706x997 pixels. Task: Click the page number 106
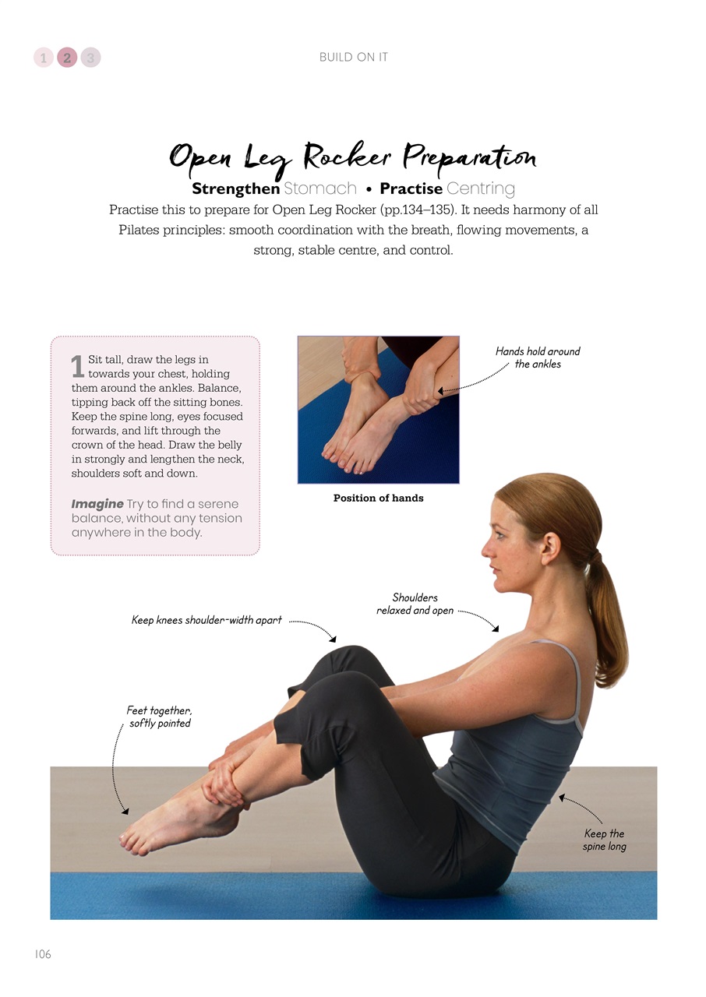coord(43,954)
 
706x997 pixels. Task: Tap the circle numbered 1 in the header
coord(44,58)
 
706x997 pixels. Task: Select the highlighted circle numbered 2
coord(67,58)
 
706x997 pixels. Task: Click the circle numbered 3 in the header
coord(90,58)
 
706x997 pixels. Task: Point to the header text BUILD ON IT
coord(353,58)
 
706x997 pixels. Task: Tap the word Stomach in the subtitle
coord(320,188)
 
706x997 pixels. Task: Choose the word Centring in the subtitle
coord(481,188)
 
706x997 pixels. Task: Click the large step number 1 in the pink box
coord(77,367)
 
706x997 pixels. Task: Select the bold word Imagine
coord(97,504)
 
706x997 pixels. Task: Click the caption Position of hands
coord(378,498)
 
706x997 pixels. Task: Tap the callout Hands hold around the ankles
coord(538,358)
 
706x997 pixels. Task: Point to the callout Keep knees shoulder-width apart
coord(207,621)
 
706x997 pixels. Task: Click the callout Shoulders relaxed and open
coord(415,604)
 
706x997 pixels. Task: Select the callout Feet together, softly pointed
coord(159,717)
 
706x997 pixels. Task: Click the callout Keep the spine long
coord(605,840)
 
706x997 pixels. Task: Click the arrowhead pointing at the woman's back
coord(560,797)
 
